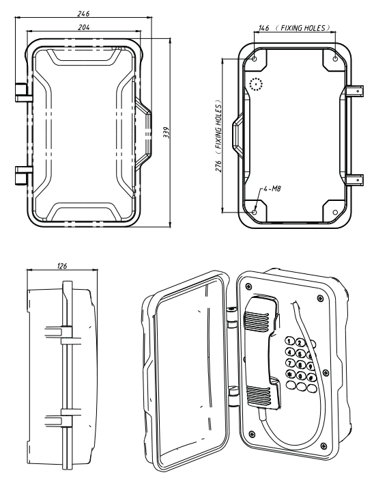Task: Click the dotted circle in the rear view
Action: tap(255, 84)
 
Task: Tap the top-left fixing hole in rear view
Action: tap(255, 59)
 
